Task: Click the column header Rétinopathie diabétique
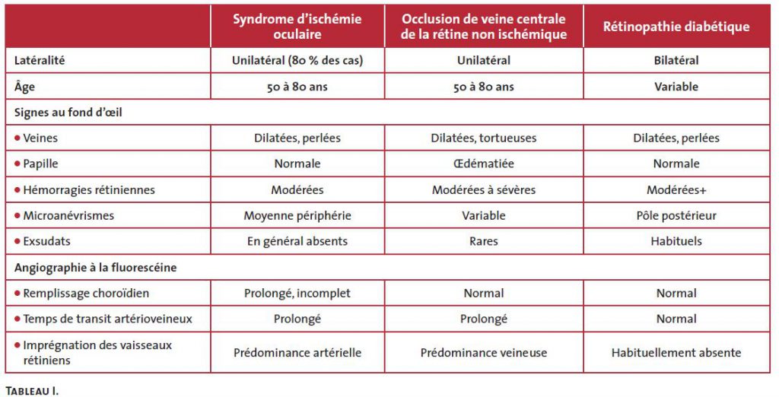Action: (676, 27)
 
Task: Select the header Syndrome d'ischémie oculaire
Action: (297, 27)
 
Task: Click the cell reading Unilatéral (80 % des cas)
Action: (297, 60)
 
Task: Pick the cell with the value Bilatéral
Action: (676, 60)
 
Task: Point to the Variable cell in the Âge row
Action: (676, 87)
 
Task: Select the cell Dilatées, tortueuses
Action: (483, 138)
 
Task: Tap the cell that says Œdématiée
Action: (483, 164)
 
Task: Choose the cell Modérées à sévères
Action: (483, 190)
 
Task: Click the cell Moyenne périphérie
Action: (297, 216)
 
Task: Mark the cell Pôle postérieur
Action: (676, 216)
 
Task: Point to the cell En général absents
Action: (297, 241)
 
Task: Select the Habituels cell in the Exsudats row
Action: (676, 241)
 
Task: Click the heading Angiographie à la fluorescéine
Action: (91, 267)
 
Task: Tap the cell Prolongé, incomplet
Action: (297, 293)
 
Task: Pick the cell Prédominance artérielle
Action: (297, 352)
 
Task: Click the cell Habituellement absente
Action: (676, 352)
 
